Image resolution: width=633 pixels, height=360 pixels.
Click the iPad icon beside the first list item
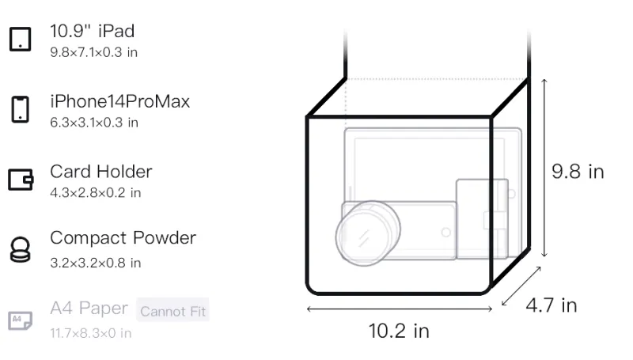tap(21, 39)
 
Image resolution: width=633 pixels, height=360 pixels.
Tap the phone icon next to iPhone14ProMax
tap(21, 109)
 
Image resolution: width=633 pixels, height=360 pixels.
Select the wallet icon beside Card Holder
tap(21, 179)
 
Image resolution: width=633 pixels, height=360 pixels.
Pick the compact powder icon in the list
tap(21, 250)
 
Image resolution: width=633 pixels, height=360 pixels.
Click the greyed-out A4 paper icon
tap(21, 320)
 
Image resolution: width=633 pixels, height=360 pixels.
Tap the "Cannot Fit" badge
tap(172, 311)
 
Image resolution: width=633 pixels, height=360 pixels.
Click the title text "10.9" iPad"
tap(92, 31)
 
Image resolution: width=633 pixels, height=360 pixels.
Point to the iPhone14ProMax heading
tap(120, 101)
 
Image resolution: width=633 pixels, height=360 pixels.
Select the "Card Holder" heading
tap(101, 172)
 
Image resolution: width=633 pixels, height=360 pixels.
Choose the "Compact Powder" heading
tap(123, 238)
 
